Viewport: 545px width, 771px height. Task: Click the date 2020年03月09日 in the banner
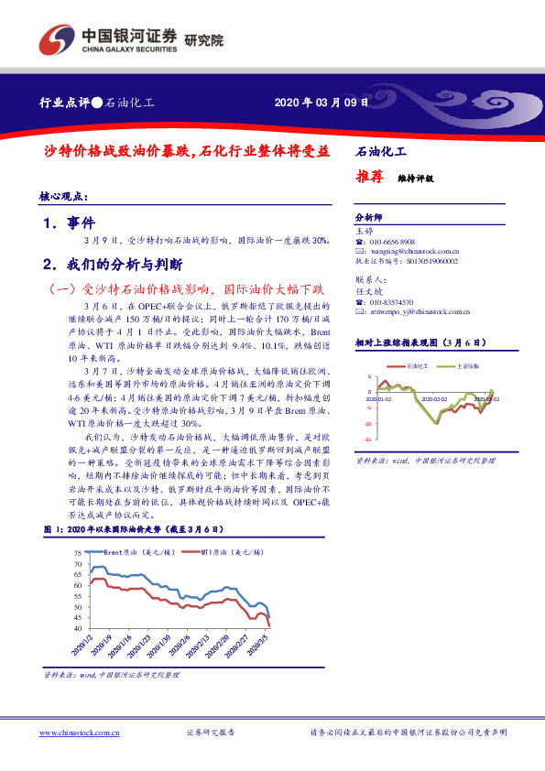(322, 103)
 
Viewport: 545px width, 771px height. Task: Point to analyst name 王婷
(364, 232)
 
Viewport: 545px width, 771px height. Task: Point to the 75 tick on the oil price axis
(78, 553)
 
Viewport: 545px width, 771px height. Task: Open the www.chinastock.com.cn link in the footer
(81, 733)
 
